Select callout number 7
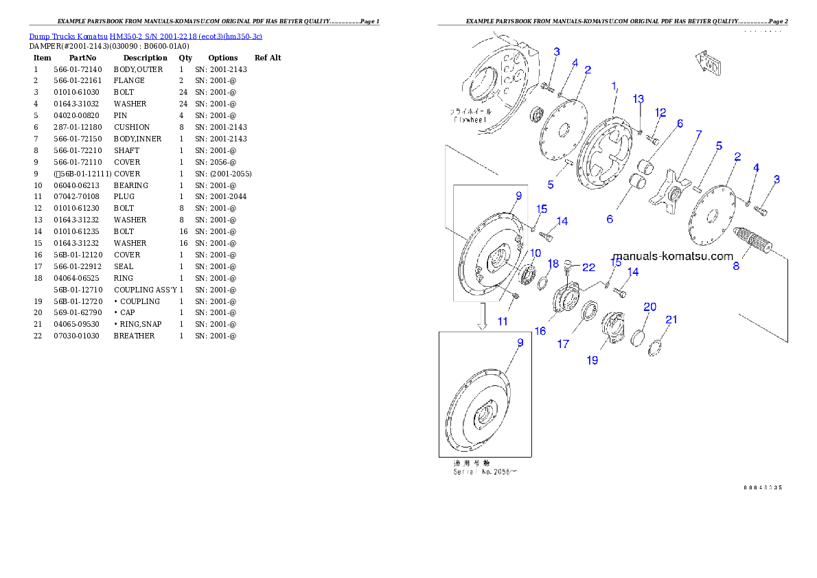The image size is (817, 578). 698,134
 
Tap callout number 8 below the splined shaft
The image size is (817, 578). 736,266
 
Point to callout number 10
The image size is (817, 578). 535,253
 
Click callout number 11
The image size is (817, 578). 503,321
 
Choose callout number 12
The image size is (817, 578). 660,113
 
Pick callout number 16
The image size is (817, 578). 540,331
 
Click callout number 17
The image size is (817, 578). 563,344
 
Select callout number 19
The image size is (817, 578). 592,360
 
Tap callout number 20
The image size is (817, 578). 649,307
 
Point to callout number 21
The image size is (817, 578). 671,319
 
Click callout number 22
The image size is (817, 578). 588,267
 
